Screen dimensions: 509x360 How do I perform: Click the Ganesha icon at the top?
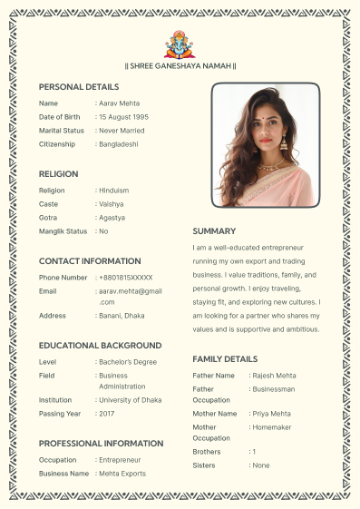180,44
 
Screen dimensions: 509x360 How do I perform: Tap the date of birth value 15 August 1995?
125,117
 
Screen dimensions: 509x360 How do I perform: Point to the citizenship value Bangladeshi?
119,144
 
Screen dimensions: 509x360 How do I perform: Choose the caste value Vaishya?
112,204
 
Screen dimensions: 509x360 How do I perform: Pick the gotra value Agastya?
112,218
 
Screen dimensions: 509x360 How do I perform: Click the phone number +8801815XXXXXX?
126,277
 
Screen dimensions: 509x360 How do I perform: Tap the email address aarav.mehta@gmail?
131,290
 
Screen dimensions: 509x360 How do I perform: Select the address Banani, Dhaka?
122,315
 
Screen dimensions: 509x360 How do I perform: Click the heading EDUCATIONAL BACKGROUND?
100,346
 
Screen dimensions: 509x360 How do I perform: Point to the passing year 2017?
107,414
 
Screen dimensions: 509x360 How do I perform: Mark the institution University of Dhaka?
131,399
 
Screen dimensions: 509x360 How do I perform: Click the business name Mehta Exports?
123,474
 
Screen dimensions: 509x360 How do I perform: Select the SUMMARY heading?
214,231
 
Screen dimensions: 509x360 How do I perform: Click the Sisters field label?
204,465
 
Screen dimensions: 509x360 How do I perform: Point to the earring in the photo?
283,142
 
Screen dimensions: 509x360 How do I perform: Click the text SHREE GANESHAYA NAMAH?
180,65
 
